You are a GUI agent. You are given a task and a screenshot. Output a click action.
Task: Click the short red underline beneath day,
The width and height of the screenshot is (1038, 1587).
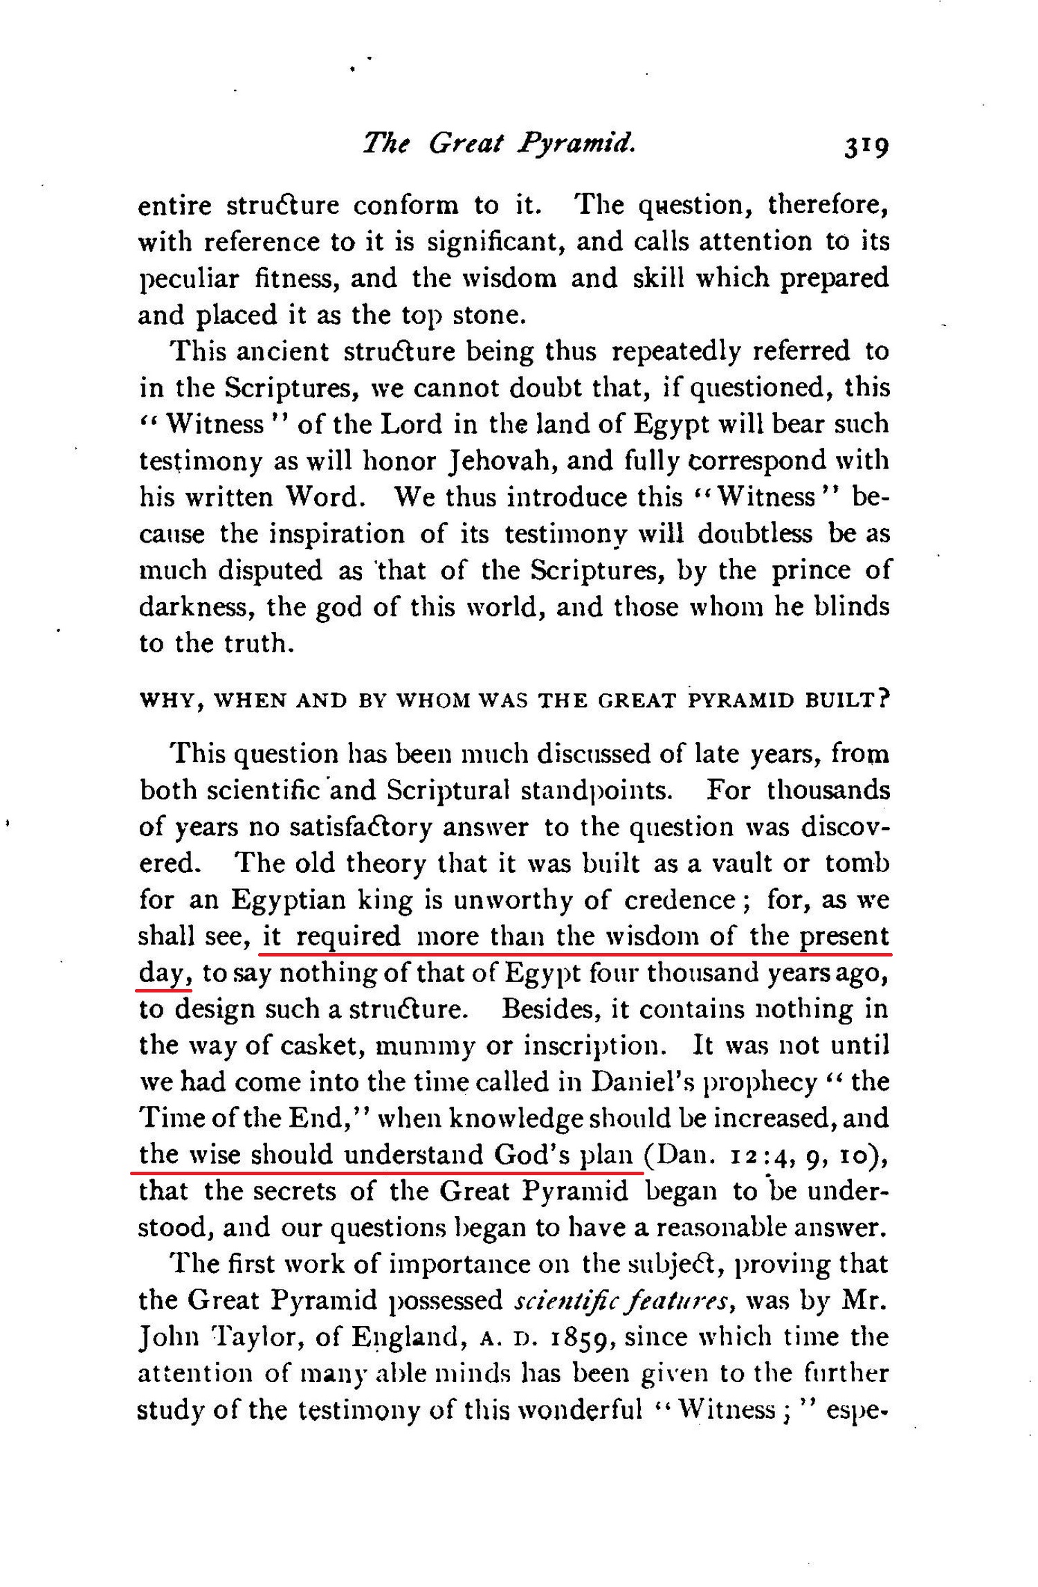click(164, 990)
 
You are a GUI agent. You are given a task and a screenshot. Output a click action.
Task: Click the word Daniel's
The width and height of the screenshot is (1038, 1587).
click(642, 1082)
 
